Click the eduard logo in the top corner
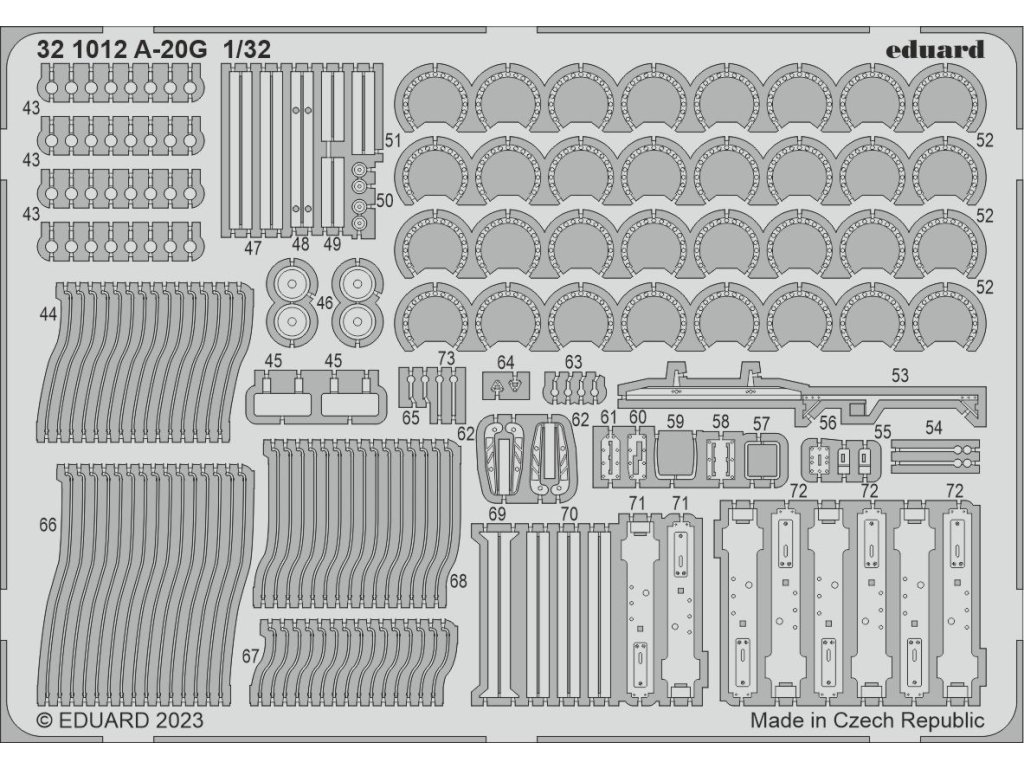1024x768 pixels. tap(934, 49)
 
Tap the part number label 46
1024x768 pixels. tap(324, 303)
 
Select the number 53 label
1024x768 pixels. tap(899, 376)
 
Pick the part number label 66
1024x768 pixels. tap(47, 525)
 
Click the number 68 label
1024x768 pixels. tap(459, 580)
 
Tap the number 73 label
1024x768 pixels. tap(446, 358)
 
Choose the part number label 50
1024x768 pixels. tap(385, 200)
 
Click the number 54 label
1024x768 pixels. tap(933, 428)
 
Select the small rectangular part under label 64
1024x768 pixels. tap(505, 385)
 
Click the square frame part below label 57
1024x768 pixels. tap(763, 461)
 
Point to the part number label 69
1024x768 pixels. tap(496, 514)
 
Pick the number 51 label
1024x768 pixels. tap(393, 139)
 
